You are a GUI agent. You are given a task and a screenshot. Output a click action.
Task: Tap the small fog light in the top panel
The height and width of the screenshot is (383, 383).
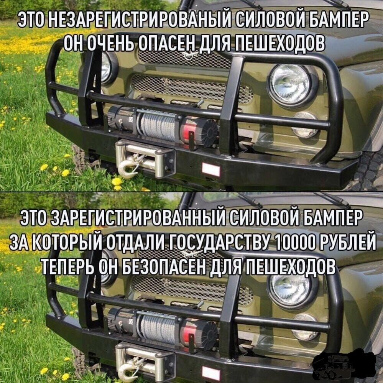pyautogui.click(x=305, y=125)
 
